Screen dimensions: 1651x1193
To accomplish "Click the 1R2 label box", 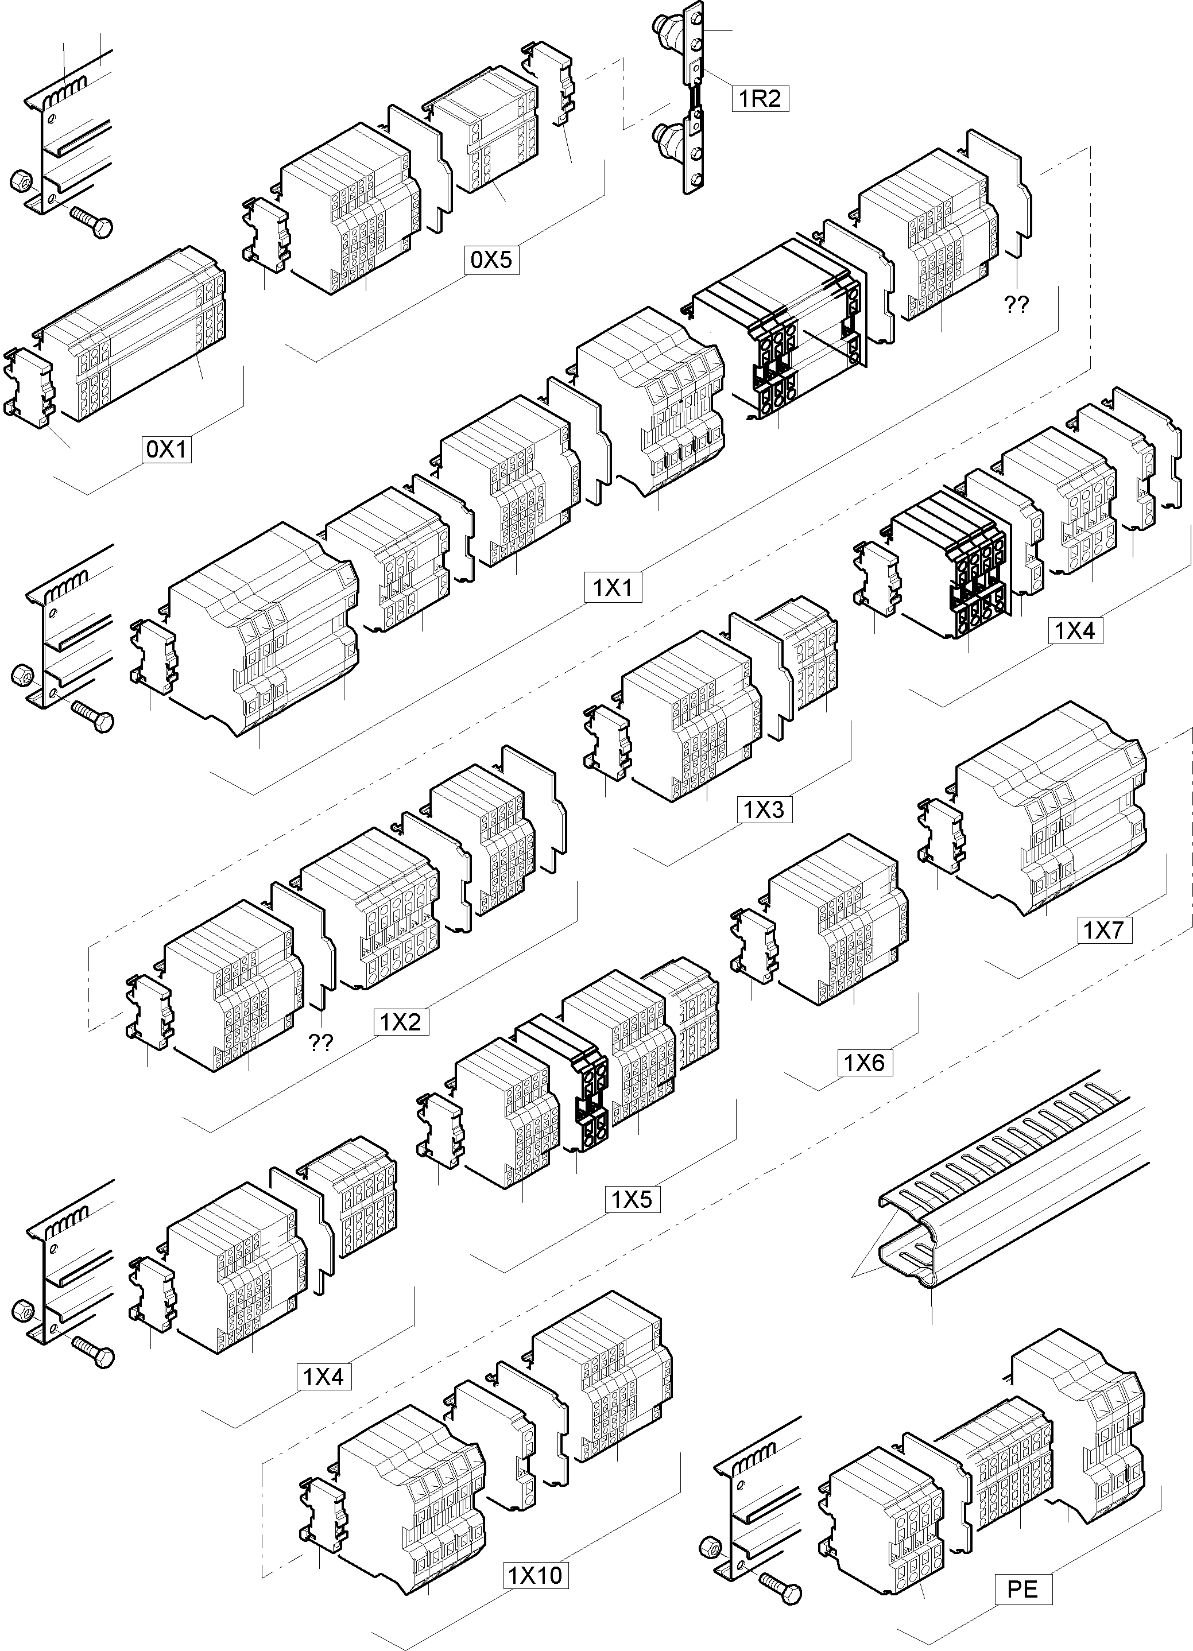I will coord(760,98).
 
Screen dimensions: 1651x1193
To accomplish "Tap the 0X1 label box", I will coord(166,449).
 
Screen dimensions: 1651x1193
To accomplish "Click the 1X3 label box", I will coord(764,809).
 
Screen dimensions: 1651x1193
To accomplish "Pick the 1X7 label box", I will coord(1104,929).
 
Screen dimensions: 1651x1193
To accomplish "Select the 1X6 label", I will coord(863,1063).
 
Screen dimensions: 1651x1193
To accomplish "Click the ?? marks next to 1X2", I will coord(321,1042).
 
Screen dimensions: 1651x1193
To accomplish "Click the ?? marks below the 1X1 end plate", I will coord(1016,305).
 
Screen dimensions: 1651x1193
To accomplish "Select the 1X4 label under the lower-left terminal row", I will coord(323,1376).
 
